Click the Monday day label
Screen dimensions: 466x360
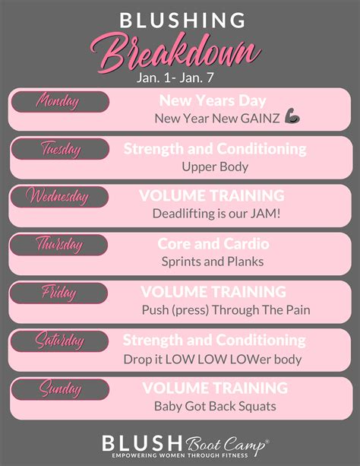click(59, 101)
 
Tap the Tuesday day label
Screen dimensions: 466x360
click(59, 149)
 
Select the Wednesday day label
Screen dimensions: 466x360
click(59, 197)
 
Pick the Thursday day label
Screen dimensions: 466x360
click(59, 245)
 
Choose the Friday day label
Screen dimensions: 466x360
click(59, 293)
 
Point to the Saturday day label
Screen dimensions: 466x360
click(59, 341)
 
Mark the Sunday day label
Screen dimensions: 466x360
click(59, 389)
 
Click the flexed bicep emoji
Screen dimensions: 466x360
click(293, 118)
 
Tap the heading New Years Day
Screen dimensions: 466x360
click(213, 100)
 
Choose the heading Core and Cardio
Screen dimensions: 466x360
click(213, 244)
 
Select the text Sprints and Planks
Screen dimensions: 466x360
click(212, 262)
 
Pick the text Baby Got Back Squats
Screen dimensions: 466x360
click(215, 406)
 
